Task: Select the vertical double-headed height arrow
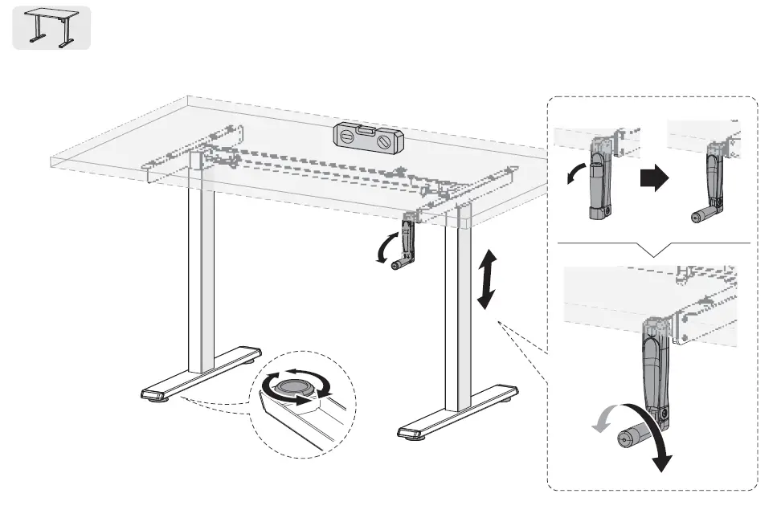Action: (x=485, y=279)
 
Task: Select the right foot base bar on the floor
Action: (x=458, y=411)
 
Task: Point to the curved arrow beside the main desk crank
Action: (x=384, y=245)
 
